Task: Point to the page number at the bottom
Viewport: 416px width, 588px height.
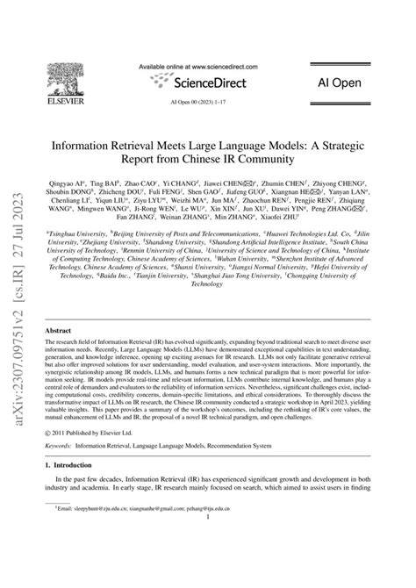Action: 207,541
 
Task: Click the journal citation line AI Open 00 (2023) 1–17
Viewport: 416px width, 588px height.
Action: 207,103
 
